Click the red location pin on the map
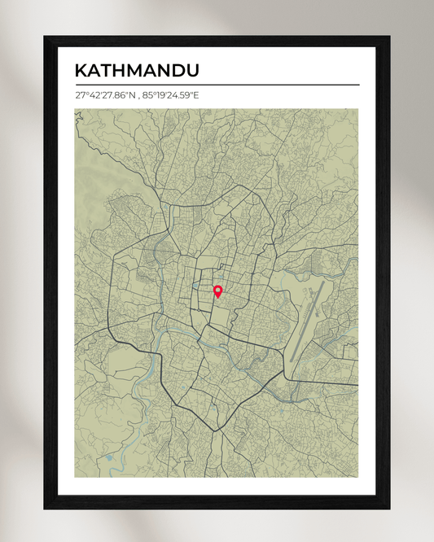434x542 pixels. (217, 291)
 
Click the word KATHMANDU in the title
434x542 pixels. (137, 71)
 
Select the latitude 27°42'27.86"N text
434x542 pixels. (104, 96)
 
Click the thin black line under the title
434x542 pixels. (217, 85)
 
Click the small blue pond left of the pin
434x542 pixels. (196, 286)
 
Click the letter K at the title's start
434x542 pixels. (81, 71)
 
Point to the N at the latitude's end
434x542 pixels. (130, 96)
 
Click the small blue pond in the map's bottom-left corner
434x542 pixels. (109, 457)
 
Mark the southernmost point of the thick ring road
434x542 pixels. (216, 431)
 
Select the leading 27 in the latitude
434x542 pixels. (80, 96)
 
